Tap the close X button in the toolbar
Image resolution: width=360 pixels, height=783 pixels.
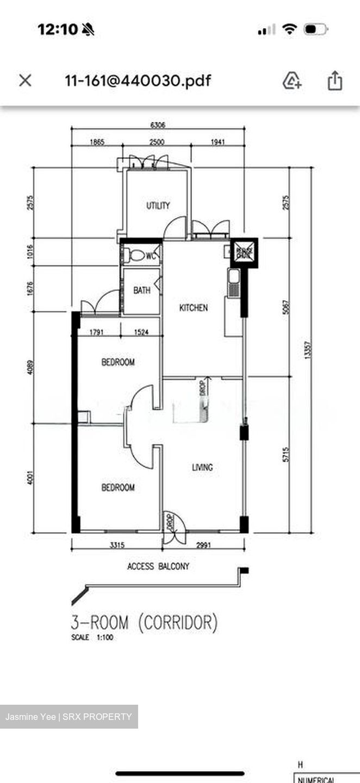click(x=25, y=80)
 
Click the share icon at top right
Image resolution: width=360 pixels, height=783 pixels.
click(x=335, y=80)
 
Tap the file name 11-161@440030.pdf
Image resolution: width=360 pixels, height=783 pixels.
click(x=138, y=81)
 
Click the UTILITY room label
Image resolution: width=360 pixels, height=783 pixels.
click(x=158, y=206)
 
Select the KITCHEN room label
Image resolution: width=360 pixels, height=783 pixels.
click(x=194, y=308)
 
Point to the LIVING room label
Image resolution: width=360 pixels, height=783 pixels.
click(x=202, y=467)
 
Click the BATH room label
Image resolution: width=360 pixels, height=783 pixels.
click(x=142, y=291)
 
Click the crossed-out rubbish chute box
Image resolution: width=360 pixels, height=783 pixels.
click(x=244, y=252)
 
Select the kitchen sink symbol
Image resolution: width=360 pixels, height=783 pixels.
click(x=234, y=283)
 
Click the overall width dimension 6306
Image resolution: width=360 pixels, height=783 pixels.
click(x=158, y=125)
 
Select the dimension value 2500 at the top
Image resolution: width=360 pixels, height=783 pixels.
click(x=157, y=142)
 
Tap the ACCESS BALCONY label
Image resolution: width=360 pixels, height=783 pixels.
click(x=158, y=567)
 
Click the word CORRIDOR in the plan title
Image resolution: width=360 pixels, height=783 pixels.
click(x=177, y=622)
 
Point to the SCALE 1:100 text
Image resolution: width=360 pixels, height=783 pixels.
click(x=92, y=638)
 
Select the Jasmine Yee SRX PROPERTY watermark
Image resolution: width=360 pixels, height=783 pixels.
click(x=69, y=717)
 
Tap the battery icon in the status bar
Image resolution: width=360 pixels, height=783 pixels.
click(x=315, y=29)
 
